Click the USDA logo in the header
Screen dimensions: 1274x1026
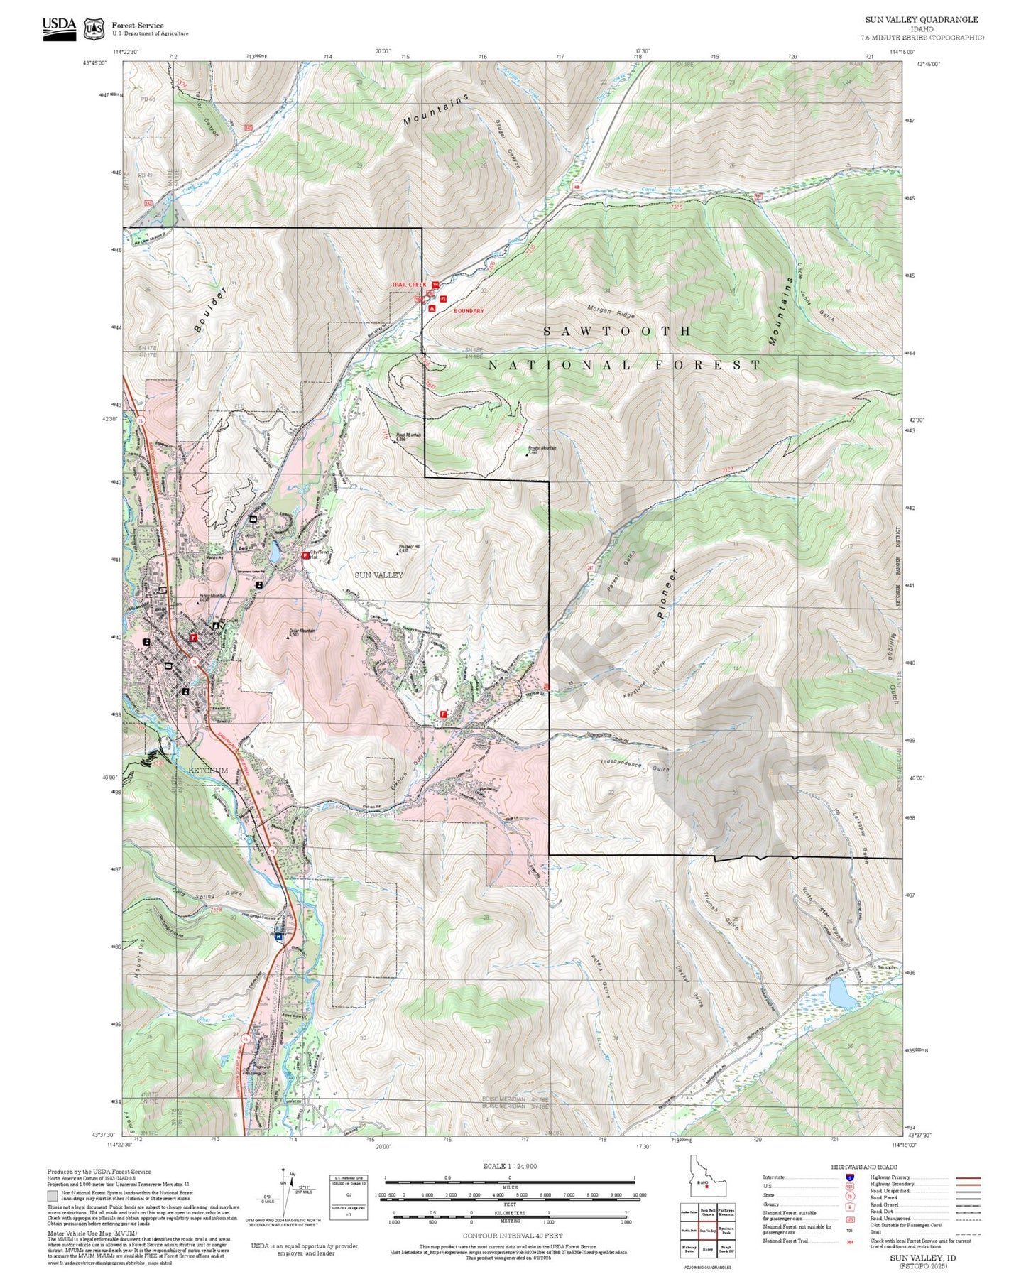pyautogui.click(x=59, y=28)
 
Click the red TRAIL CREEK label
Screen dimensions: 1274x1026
pyautogui.click(x=408, y=285)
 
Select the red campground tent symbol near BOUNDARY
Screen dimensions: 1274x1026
pyautogui.click(x=432, y=309)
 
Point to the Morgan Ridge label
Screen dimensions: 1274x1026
pyautogui.click(x=611, y=311)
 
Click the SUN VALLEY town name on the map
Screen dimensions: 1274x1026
pyautogui.click(x=378, y=575)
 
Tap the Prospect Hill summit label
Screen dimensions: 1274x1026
pyautogui.click(x=408, y=548)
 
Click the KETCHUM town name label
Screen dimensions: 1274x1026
pyautogui.click(x=208, y=771)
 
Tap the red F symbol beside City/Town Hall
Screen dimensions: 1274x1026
pyautogui.click(x=305, y=556)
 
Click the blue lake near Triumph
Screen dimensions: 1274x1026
pyautogui.click(x=842, y=993)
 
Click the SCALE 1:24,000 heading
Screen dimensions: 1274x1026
pyautogui.click(x=509, y=1166)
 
